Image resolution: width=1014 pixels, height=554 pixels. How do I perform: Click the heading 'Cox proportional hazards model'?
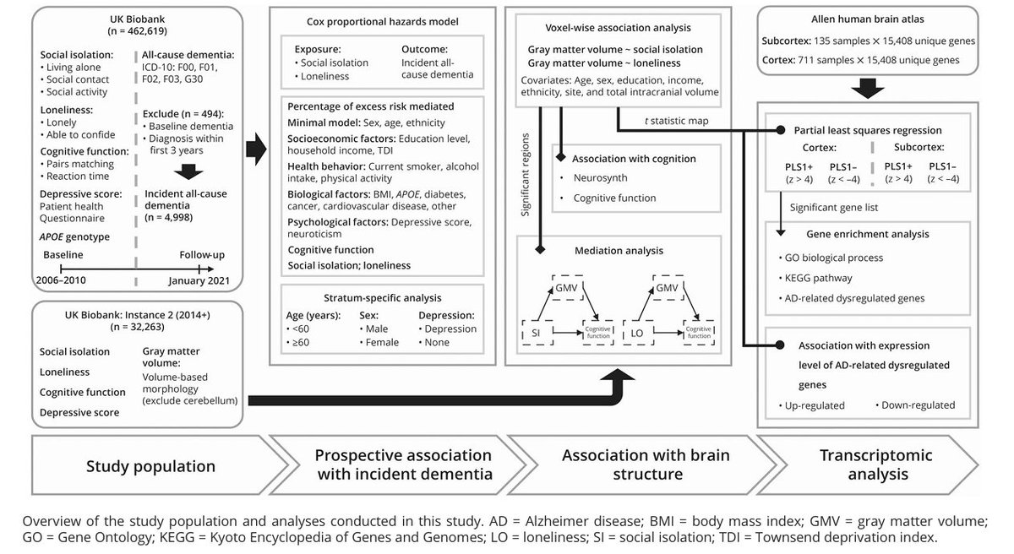(381, 21)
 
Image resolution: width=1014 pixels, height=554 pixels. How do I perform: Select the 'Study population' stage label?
(150, 465)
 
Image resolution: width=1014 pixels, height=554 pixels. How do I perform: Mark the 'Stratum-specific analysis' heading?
(381, 297)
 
